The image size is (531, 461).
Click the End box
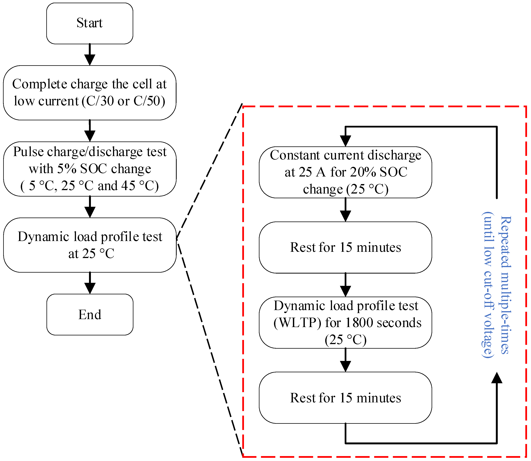[x=90, y=314]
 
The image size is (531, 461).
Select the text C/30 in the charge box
[x=100, y=101]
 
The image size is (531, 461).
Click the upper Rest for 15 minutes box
[x=345, y=247]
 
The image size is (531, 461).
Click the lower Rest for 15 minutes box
[x=345, y=398]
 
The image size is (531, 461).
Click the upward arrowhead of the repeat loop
[x=497, y=378]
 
